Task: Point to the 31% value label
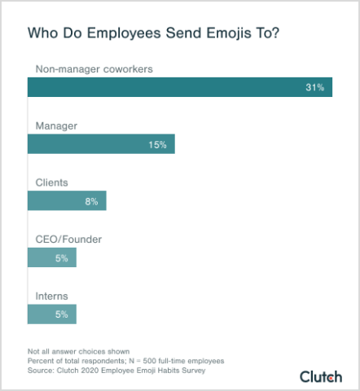point(314,86)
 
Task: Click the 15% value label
point(157,144)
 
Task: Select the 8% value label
point(91,201)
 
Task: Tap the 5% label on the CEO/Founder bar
point(63,257)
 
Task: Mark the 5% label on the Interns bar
point(63,314)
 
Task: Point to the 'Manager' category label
point(55,125)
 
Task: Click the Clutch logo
point(321,376)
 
